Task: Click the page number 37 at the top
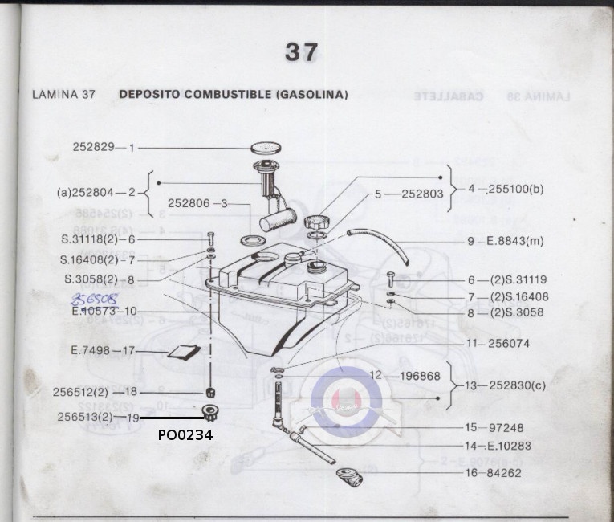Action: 302,52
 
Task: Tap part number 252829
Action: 92,148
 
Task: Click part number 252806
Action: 189,204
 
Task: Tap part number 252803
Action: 422,194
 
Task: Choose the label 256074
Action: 509,343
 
